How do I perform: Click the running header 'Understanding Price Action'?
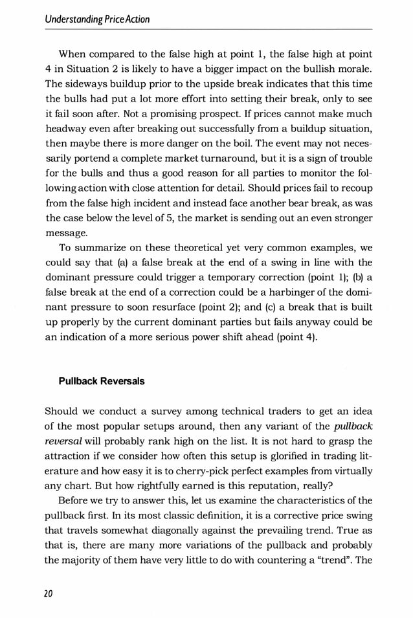tap(97, 19)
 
